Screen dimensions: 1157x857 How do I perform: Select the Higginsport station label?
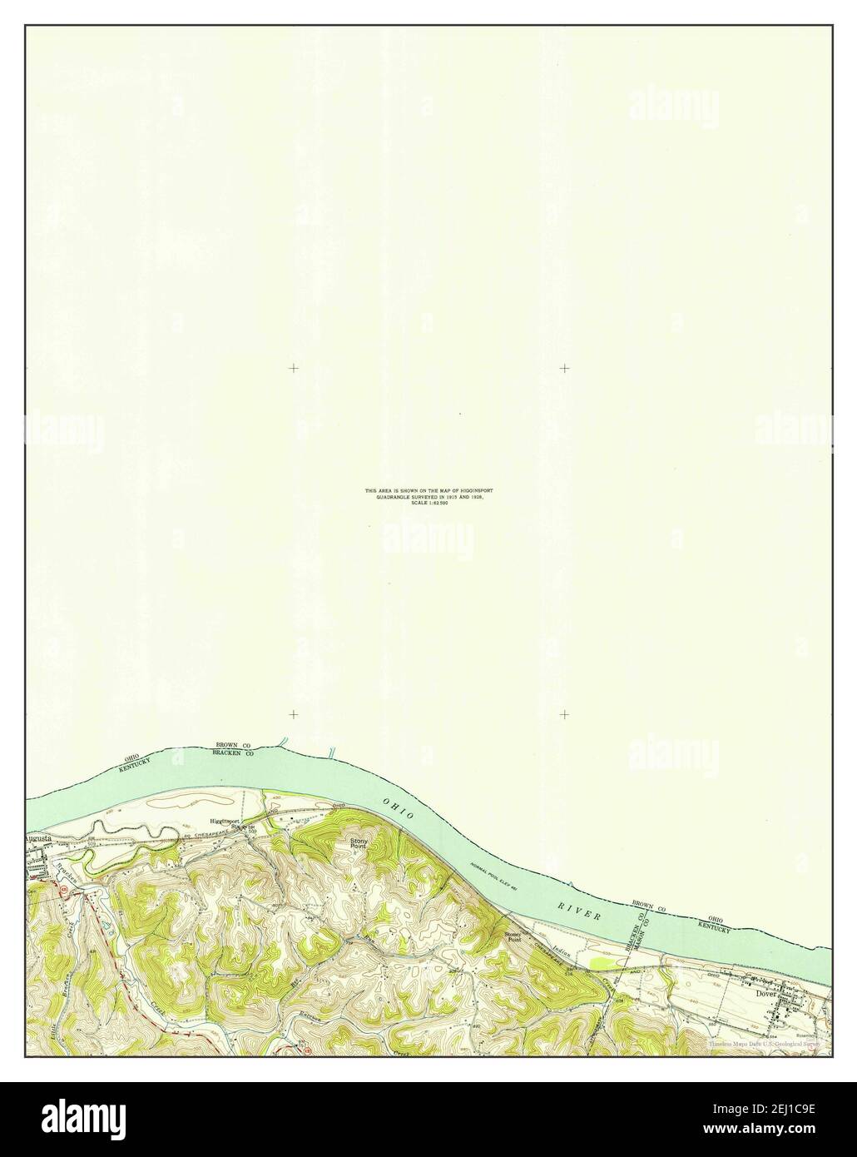click(226, 822)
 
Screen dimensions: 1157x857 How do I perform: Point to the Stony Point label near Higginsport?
click(358, 844)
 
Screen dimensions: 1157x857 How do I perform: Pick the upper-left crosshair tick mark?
click(294, 367)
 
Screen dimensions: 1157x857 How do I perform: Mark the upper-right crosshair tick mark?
click(565, 367)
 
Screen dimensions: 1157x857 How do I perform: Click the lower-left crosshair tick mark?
click(294, 714)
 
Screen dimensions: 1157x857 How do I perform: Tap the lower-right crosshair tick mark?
click(565, 714)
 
